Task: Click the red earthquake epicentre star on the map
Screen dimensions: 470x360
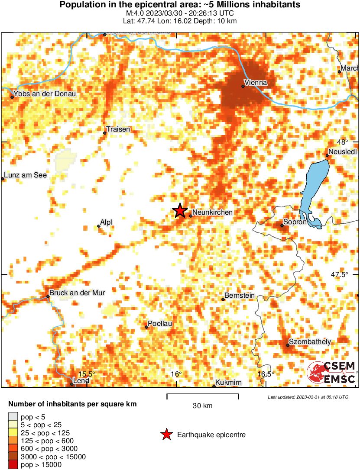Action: [x=180, y=211]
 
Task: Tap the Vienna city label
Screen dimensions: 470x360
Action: [x=256, y=82]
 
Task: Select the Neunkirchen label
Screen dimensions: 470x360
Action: [x=212, y=212]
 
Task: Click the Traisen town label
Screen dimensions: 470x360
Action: [x=118, y=129]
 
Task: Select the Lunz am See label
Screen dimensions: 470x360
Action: [x=25, y=175]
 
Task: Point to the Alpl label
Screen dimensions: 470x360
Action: [x=106, y=222]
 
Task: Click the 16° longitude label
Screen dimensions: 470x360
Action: [x=176, y=374]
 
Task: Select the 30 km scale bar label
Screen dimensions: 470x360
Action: [x=202, y=406]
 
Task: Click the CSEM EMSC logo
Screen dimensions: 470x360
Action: [x=332, y=373]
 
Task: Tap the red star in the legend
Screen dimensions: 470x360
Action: [x=166, y=435]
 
